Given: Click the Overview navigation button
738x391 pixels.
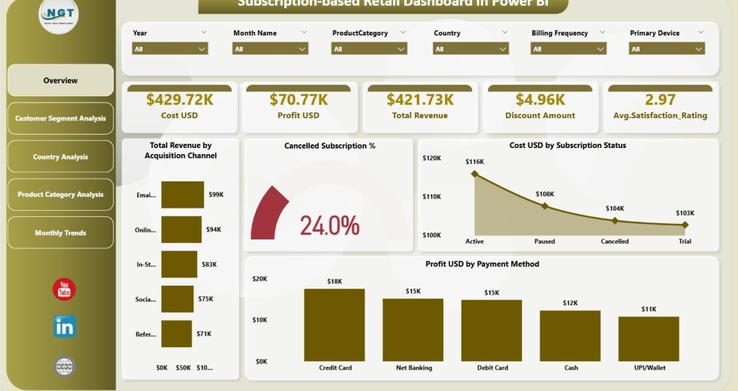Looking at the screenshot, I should [60, 80].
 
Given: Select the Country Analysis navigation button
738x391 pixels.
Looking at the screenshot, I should [60, 157].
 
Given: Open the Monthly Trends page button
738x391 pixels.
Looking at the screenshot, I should [60, 233].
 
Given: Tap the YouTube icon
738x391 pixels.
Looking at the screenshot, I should [64, 289].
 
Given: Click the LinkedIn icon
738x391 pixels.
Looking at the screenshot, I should [64, 327].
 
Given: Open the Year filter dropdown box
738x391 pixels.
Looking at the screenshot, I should [170, 49].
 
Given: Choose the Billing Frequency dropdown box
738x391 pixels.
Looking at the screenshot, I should [568, 49].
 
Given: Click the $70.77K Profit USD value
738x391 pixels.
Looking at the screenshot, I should [298, 99].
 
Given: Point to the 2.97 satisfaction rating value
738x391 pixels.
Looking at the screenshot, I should [661, 99].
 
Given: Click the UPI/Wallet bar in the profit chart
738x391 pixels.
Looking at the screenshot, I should [648, 339].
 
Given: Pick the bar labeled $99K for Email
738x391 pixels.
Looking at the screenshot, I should [182, 195].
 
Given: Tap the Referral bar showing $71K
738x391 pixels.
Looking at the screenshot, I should [176, 334].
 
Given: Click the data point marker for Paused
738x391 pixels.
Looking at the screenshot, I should [545, 206].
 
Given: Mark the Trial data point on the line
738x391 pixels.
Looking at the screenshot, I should [685, 225].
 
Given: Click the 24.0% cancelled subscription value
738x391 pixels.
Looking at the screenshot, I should [329, 226].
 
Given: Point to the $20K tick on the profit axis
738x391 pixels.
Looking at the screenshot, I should [260, 278].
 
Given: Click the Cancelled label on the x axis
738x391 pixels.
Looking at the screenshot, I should [615, 241].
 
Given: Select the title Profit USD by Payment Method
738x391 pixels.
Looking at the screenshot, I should [482, 264].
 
